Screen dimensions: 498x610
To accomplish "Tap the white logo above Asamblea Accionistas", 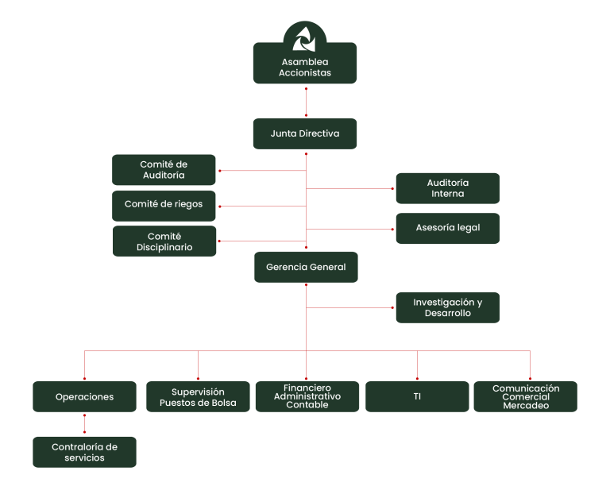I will coord(304,38).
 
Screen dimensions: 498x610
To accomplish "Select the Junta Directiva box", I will coord(305,133).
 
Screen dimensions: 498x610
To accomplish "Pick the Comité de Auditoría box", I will coord(164,170).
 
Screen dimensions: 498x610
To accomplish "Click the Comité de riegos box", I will coord(164,205).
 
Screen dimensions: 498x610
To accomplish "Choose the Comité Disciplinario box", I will coord(164,241).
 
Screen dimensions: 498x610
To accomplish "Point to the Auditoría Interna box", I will coord(448,188).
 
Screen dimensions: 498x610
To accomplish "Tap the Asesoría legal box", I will coord(448,228).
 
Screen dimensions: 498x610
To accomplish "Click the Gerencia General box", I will coord(306,267).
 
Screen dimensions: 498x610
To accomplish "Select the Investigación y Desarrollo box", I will coord(448,307).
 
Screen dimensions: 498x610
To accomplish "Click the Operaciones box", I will coord(85,396).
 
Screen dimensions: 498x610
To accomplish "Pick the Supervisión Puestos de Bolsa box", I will coord(198,396).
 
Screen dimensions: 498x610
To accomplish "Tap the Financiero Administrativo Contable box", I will coord(307,396).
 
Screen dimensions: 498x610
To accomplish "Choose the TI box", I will coord(417,396).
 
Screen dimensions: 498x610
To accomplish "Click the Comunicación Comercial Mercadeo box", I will coord(526,396).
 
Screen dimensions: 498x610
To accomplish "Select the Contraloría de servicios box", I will coord(85,452).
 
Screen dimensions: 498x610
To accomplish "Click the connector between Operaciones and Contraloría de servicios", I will coord(85,423).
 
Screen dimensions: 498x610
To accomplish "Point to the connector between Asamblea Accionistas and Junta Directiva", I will coord(306,101).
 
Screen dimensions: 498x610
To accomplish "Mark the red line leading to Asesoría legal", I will coord(349,229).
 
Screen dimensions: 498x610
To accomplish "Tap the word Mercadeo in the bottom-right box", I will coord(526,406).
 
